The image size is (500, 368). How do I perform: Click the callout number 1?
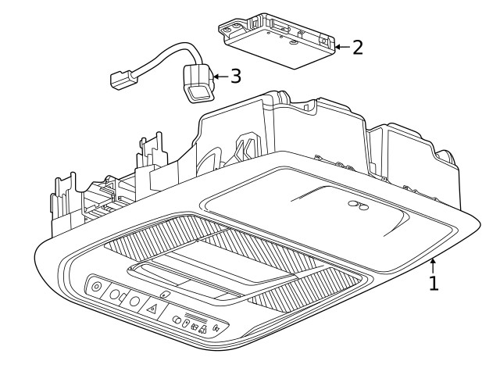(434, 282)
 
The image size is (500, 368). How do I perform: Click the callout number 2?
(357, 48)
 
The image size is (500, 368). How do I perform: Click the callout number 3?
(235, 77)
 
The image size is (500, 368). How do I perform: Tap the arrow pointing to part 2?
(341, 48)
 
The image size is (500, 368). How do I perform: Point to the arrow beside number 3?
(218, 77)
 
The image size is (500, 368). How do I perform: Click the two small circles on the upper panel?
(359, 205)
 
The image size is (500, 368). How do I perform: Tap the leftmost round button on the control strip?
(96, 287)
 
